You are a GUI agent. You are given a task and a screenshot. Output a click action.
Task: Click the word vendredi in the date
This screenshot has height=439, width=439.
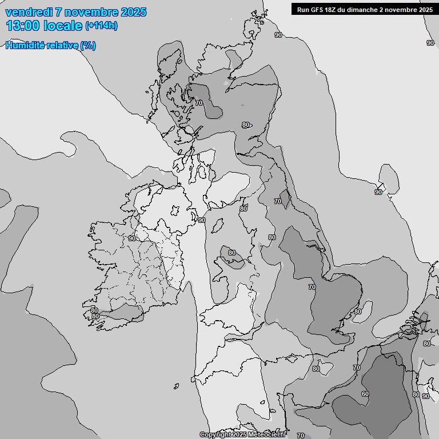(29, 12)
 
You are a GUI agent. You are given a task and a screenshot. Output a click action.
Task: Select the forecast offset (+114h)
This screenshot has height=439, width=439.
(101, 26)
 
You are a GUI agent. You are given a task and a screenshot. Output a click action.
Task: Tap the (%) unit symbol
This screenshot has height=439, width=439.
(88, 46)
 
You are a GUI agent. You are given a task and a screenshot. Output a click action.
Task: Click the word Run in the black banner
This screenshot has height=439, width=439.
(303, 9)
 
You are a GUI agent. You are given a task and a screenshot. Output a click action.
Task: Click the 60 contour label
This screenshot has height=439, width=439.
(365, 394)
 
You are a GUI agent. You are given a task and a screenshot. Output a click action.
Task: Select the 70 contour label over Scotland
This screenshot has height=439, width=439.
(199, 103)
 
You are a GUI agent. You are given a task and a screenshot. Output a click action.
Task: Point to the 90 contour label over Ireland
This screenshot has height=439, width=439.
(132, 238)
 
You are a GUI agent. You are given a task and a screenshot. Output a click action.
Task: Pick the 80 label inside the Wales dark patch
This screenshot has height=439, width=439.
(232, 253)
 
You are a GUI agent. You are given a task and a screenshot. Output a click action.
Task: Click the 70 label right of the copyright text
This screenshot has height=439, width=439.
(301, 436)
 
